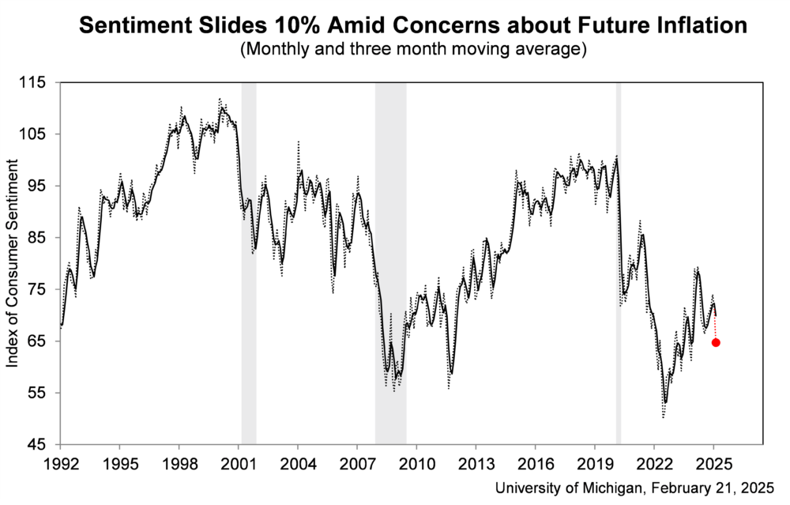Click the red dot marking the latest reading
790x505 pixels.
pos(716,342)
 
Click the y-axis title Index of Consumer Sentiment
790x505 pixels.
pos(12,262)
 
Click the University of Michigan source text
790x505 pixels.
pos(635,488)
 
